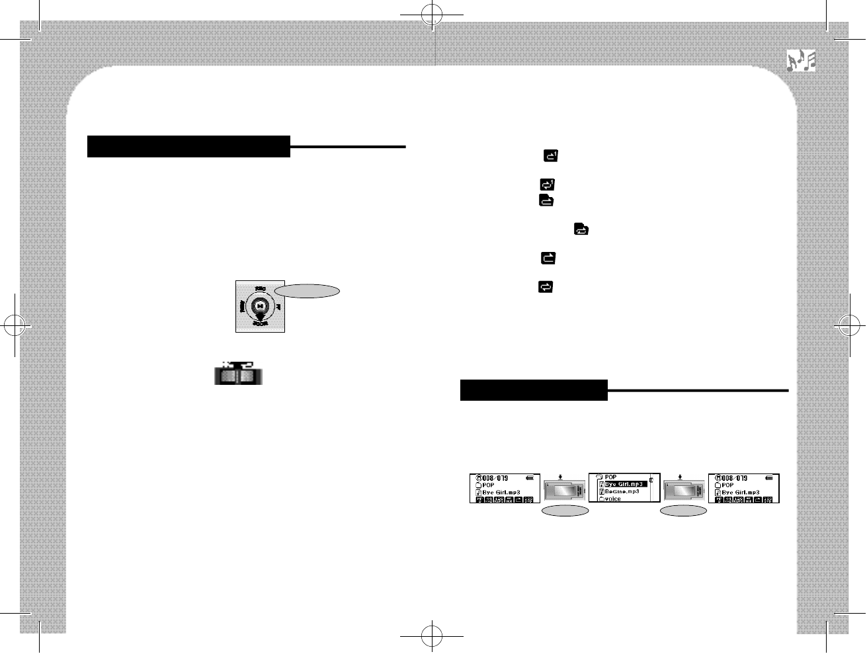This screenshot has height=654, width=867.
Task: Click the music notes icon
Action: pos(801,61)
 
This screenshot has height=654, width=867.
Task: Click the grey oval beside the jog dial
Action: pos(308,290)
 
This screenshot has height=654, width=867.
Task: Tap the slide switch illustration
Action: pos(238,375)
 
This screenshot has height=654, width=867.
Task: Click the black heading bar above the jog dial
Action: pos(188,146)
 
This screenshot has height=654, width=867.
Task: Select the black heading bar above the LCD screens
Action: pos(533,390)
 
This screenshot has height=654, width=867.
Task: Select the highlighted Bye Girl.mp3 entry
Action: pos(624,484)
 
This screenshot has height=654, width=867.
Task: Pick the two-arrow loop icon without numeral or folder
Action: pos(546,287)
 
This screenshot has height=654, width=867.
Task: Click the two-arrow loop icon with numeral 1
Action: pos(548,186)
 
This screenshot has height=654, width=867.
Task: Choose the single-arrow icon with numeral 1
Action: pos(550,156)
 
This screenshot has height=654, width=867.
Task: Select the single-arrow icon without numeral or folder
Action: pos(548,258)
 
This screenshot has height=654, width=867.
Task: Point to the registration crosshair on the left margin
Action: pos(14,327)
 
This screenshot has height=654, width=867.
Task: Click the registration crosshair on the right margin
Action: pos(850,327)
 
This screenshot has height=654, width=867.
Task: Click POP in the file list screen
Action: pos(610,477)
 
